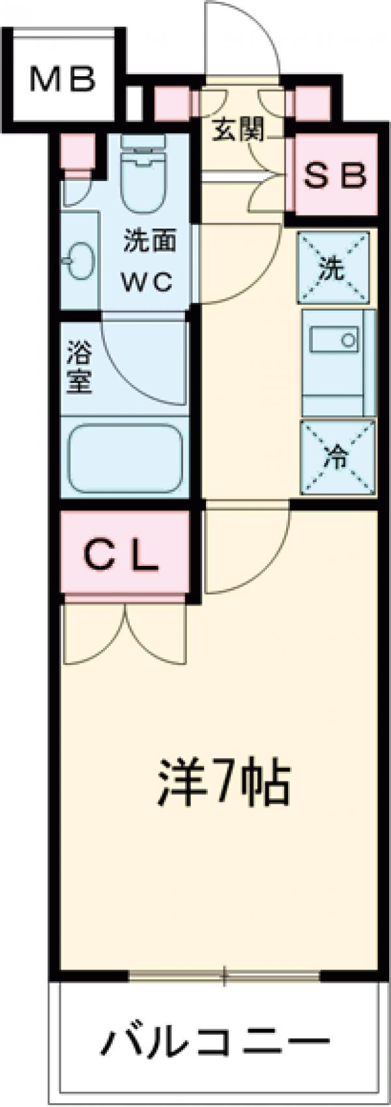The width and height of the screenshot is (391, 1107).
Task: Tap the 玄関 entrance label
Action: point(239,131)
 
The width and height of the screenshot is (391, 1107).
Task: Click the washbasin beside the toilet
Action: point(80,260)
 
